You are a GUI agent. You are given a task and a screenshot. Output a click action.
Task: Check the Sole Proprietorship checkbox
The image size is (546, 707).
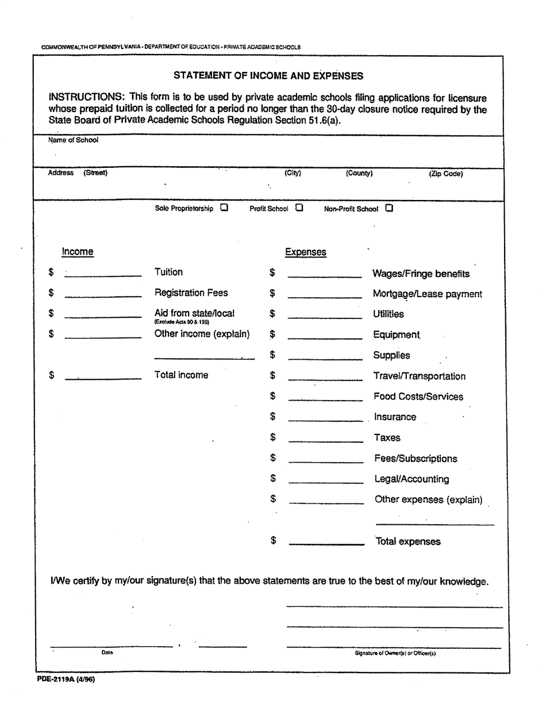pyautogui.click(x=224, y=208)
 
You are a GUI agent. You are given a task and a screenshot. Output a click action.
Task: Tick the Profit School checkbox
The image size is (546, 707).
pyautogui.click(x=299, y=208)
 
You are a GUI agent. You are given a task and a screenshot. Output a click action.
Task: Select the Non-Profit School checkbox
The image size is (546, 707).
pyautogui.click(x=389, y=208)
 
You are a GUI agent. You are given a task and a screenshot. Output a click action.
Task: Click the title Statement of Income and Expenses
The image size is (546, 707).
pyautogui.click(x=268, y=75)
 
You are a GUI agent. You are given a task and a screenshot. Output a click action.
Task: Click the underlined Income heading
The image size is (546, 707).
pyautogui.click(x=78, y=252)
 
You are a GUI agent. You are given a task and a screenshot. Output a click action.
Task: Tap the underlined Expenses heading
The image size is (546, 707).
pyautogui.click(x=306, y=252)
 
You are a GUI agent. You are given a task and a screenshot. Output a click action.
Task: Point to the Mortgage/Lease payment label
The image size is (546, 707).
pyautogui.click(x=428, y=294)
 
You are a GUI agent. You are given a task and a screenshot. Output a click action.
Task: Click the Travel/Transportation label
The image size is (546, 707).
pyautogui.click(x=420, y=376)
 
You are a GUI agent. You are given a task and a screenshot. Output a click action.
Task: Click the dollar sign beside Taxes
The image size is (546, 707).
pyautogui.click(x=273, y=437)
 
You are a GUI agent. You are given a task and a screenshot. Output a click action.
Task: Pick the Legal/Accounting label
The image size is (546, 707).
pyautogui.click(x=412, y=479)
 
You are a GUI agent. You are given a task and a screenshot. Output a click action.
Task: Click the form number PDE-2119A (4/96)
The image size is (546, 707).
pyautogui.click(x=67, y=679)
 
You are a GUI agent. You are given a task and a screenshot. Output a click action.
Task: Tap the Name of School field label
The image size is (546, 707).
pyautogui.click(x=73, y=140)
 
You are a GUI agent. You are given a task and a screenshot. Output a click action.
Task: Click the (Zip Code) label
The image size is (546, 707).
pyautogui.click(x=445, y=174)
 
